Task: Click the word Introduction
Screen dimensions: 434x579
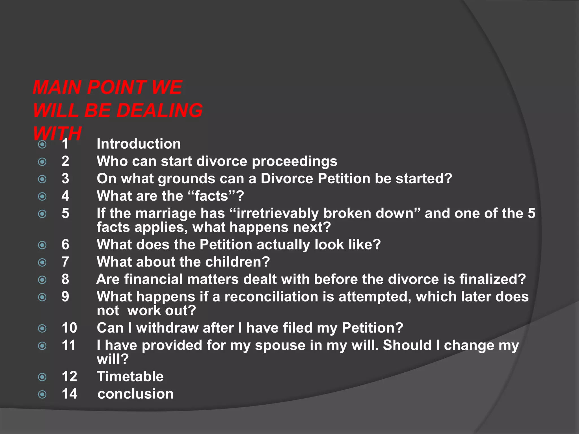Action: point(139,144)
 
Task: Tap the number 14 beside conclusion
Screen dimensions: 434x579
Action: point(69,394)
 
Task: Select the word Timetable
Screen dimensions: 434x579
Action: point(130,377)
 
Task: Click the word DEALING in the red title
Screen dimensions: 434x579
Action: point(159,110)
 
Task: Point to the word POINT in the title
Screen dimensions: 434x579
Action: point(116,87)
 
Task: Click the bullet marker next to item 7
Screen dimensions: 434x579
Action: point(42,262)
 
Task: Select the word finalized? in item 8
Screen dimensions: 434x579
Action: point(492,279)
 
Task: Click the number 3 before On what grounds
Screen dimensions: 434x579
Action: point(65,179)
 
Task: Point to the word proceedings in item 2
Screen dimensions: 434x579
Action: point(294,162)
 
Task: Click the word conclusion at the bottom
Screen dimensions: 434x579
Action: point(135,394)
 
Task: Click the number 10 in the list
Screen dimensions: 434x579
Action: point(69,328)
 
